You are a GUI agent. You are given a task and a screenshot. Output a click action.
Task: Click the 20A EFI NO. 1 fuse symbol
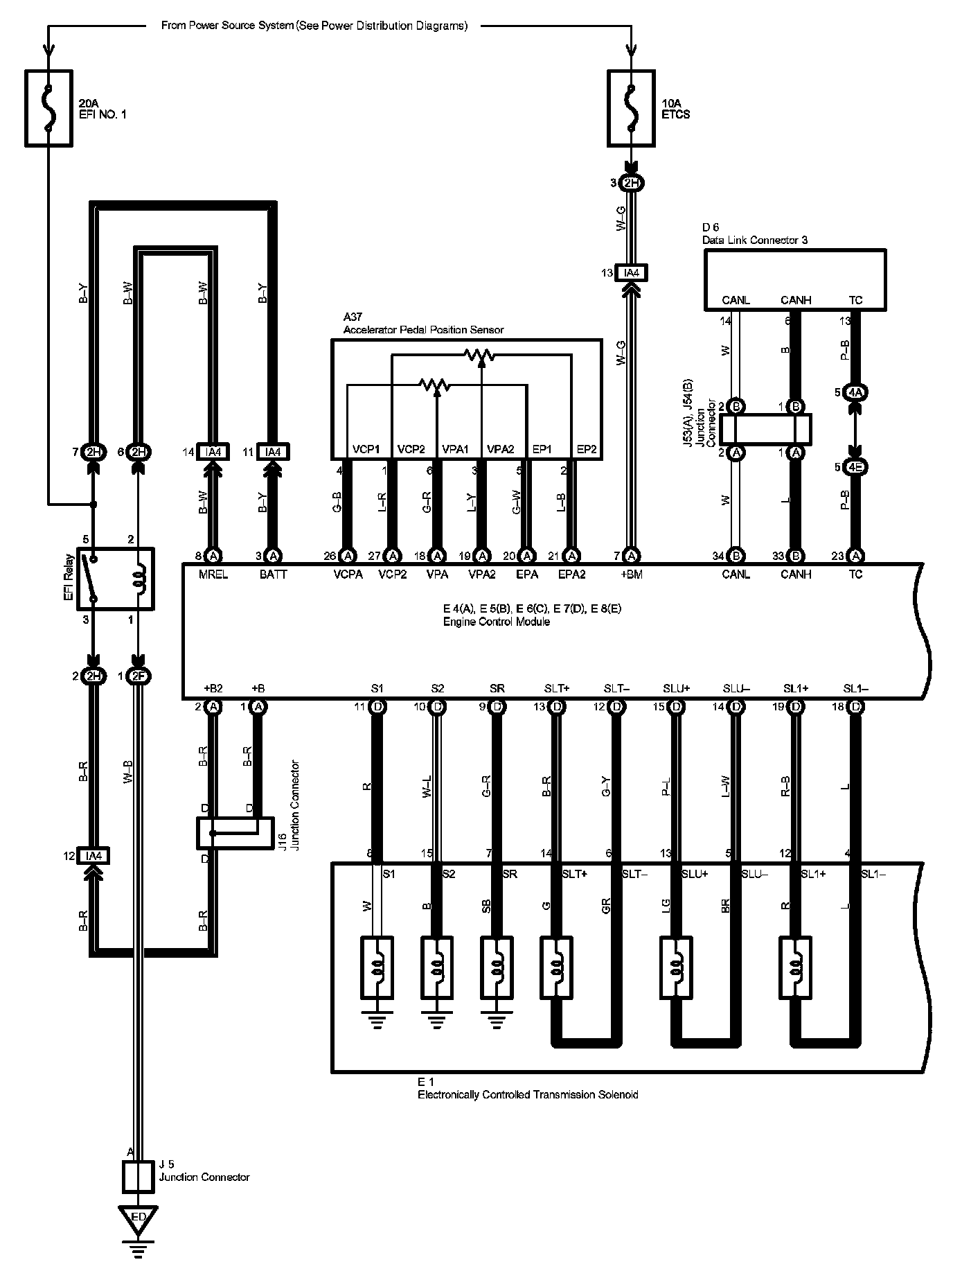[48, 107]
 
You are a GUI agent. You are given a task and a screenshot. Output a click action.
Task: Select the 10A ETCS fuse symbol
[631, 107]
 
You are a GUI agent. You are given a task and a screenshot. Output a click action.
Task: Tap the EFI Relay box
[116, 579]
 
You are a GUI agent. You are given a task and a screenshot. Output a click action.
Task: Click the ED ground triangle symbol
[138, 1219]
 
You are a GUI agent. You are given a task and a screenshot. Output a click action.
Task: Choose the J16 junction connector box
[234, 832]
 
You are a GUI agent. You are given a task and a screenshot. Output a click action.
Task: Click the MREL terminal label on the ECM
[213, 575]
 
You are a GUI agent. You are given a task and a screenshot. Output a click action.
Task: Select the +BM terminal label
[632, 575]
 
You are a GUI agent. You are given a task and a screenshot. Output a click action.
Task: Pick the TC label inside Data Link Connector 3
[855, 300]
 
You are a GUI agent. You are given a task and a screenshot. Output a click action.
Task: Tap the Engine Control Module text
[497, 622]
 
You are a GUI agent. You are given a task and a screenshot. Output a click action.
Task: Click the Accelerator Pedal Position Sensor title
[423, 330]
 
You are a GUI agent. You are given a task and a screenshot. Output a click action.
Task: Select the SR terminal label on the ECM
[497, 689]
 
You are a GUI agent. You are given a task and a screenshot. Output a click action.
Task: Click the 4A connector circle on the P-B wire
[857, 392]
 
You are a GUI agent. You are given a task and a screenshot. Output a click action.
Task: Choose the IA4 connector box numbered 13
[631, 273]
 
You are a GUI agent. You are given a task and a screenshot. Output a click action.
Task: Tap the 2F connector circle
[138, 676]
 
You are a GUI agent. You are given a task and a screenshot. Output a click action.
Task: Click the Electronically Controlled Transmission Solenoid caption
[527, 1094]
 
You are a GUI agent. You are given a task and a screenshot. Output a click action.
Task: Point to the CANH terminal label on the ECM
[795, 575]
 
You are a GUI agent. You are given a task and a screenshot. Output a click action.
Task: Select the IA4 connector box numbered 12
[93, 856]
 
